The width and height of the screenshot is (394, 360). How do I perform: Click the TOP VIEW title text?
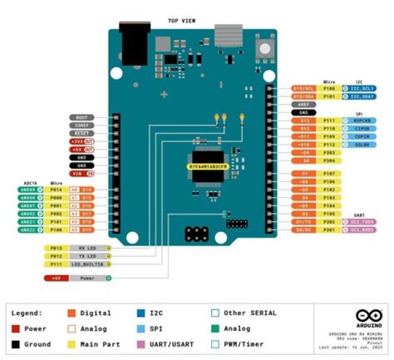(x=181, y=21)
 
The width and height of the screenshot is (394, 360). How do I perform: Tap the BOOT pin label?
(x=82, y=118)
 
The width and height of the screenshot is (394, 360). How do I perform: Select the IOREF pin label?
(x=82, y=125)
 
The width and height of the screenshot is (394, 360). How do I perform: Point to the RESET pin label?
(x=82, y=133)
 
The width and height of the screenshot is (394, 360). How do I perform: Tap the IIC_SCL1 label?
(x=362, y=88)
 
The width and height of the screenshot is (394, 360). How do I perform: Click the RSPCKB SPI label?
(x=362, y=120)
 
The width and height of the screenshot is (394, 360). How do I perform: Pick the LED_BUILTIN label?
(x=87, y=264)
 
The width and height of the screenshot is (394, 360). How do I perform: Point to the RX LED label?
(x=87, y=248)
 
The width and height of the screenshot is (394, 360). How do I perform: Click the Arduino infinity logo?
(x=364, y=316)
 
